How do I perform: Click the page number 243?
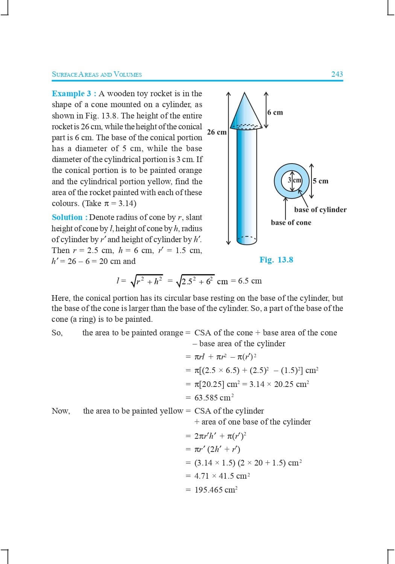pyautogui.click(x=337, y=74)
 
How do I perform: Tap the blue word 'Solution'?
pyautogui.click(x=67, y=217)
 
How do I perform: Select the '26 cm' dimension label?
pyautogui.click(x=217, y=132)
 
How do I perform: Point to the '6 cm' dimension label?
pyautogui.click(x=275, y=112)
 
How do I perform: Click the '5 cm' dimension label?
pyautogui.click(x=321, y=181)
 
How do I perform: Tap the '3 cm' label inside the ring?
pyautogui.click(x=295, y=180)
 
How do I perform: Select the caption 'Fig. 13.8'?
pyautogui.click(x=276, y=260)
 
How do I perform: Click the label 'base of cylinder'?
pyautogui.click(x=320, y=210)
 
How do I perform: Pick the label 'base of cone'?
pyautogui.click(x=291, y=223)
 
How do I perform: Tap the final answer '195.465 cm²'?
pyautogui.click(x=216, y=490)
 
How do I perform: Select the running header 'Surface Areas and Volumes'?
pyautogui.click(x=97, y=74)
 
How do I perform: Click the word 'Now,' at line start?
pyautogui.click(x=61, y=411)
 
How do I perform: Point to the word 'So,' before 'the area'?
pyautogui.click(x=57, y=333)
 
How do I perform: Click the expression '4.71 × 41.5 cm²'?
pyautogui.click(x=222, y=476)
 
